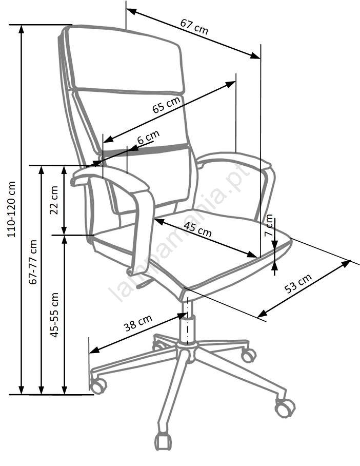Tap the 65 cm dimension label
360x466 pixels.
(x=166, y=105)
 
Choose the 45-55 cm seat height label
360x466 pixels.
(x=54, y=315)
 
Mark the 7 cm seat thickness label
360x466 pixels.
(x=269, y=225)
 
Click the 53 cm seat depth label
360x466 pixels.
(x=298, y=283)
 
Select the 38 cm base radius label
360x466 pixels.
(x=138, y=323)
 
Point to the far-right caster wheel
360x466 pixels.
(x=285, y=407)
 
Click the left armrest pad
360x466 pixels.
(x=110, y=178)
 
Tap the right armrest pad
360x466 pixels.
(x=235, y=160)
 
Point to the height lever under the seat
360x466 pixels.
(x=144, y=284)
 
